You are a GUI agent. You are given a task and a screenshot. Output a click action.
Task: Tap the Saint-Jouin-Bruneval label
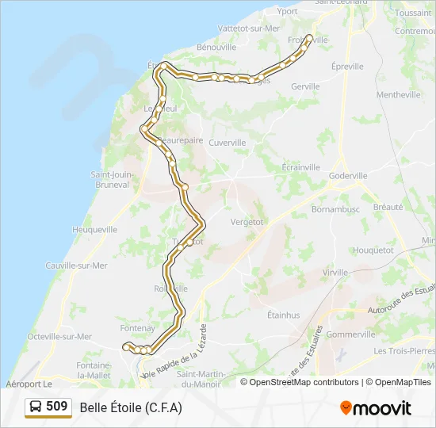coord(110,180)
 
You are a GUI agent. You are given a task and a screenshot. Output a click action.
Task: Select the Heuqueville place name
coord(95,229)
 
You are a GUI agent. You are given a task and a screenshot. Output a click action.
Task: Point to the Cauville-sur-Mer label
coord(76,266)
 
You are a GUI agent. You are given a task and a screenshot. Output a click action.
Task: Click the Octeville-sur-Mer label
coord(60,336)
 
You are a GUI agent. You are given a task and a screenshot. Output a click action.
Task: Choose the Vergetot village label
coord(247,222)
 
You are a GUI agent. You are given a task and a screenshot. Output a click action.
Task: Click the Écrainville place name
coord(301,167)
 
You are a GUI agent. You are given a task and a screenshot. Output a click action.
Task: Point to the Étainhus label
coord(283,315)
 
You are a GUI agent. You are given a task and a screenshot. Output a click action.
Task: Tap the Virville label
coord(335,272)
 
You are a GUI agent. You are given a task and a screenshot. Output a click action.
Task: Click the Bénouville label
coord(216,47)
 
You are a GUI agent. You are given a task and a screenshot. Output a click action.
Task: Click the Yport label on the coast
coord(288,11)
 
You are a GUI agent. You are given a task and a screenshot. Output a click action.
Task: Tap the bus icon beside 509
coord(36,407)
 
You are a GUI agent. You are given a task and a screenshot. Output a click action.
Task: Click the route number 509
coord(57,407)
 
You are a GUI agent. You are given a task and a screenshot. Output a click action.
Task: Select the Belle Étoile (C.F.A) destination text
coord(131,407)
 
